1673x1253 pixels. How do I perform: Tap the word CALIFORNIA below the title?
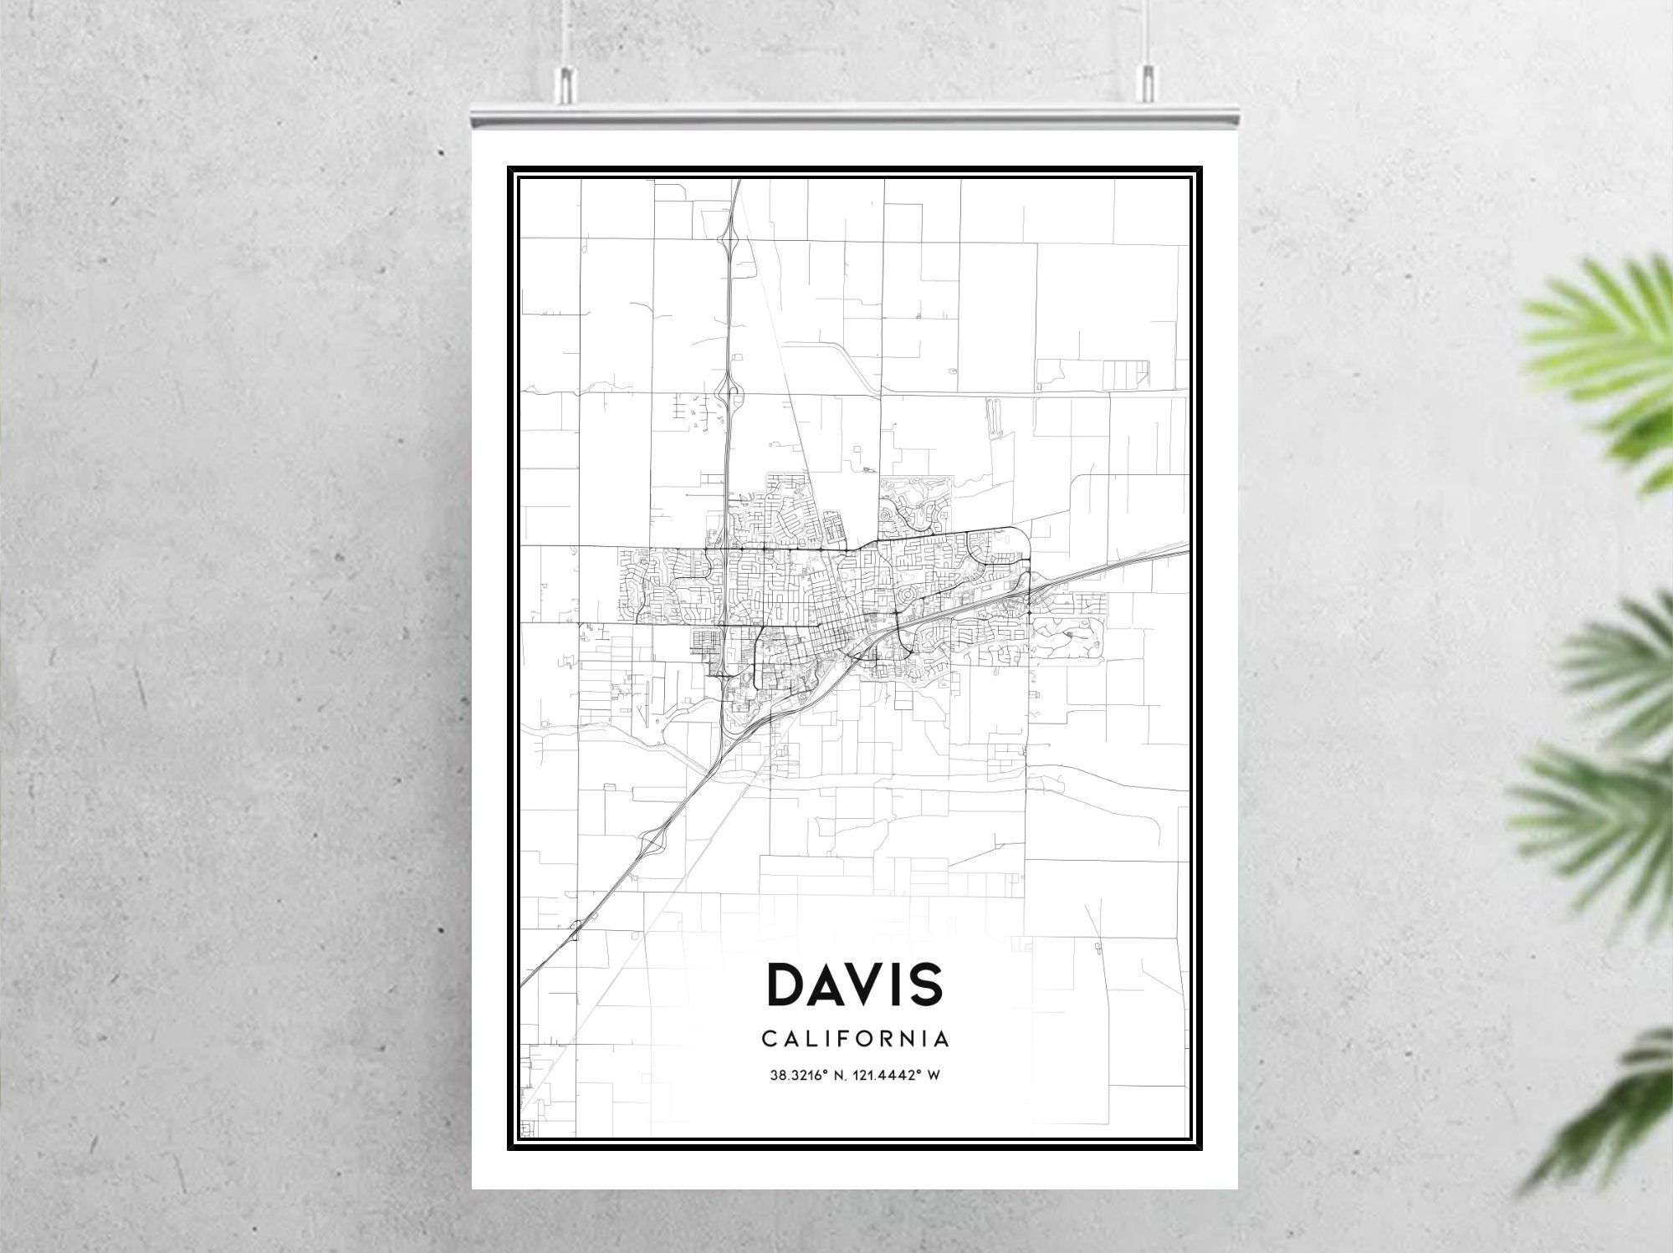point(855,1039)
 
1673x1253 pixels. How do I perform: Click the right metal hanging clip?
point(1146,81)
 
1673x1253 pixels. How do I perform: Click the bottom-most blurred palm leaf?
point(1614,1104)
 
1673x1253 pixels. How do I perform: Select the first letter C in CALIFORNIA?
point(769,1039)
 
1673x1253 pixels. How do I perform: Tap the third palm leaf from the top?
point(1589,803)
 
